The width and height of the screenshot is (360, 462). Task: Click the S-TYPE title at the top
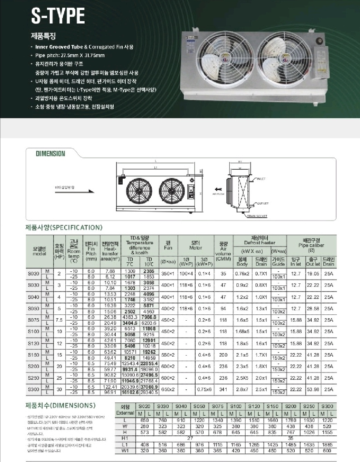(x=58, y=16)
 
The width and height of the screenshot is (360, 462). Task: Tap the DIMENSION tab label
(x=50, y=154)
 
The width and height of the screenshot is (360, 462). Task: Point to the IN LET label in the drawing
(x=261, y=179)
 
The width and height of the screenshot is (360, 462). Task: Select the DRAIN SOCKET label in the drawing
(x=257, y=216)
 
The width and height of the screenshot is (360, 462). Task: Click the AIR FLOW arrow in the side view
(x=218, y=189)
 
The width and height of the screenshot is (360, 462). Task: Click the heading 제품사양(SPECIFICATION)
(x=64, y=227)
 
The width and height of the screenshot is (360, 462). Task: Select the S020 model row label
(x=34, y=274)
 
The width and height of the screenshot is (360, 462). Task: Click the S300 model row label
(x=34, y=389)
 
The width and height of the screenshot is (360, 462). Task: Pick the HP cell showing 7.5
(x=59, y=320)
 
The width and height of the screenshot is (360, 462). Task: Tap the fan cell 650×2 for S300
(x=168, y=389)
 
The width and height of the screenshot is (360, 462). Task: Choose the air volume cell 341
(x=223, y=389)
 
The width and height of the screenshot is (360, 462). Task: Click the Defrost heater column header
(x=260, y=240)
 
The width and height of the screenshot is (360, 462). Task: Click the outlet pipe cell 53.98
(x=313, y=389)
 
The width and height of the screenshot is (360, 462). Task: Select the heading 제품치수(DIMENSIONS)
(x=60, y=405)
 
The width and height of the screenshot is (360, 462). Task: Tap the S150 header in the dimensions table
(x=272, y=406)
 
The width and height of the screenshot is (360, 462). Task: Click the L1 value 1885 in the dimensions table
(x=327, y=445)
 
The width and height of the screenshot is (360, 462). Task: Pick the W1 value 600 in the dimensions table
(x=327, y=451)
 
